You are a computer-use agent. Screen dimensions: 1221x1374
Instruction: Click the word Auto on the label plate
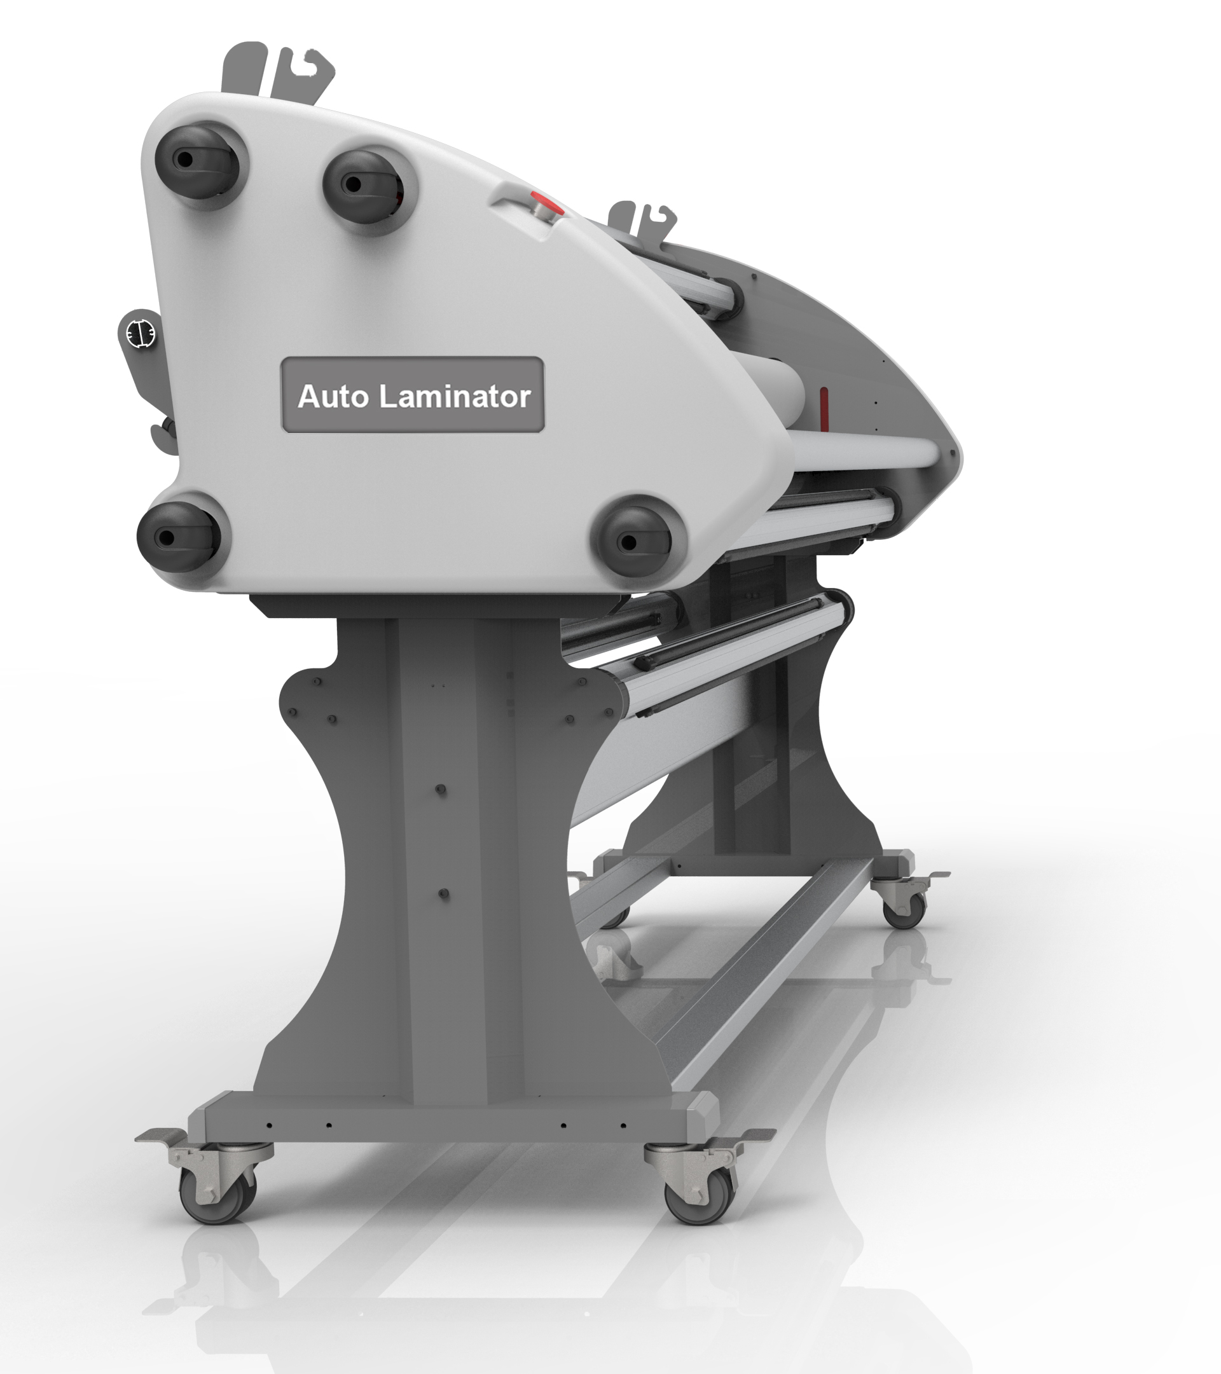click(x=333, y=396)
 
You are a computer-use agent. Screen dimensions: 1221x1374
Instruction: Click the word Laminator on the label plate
click(x=455, y=396)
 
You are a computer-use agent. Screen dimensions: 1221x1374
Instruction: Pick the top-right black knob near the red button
click(x=365, y=184)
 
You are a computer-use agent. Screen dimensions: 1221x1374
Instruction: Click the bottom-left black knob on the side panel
click(x=179, y=537)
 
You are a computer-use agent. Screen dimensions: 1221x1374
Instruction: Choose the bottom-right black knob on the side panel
click(x=635, y=541)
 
